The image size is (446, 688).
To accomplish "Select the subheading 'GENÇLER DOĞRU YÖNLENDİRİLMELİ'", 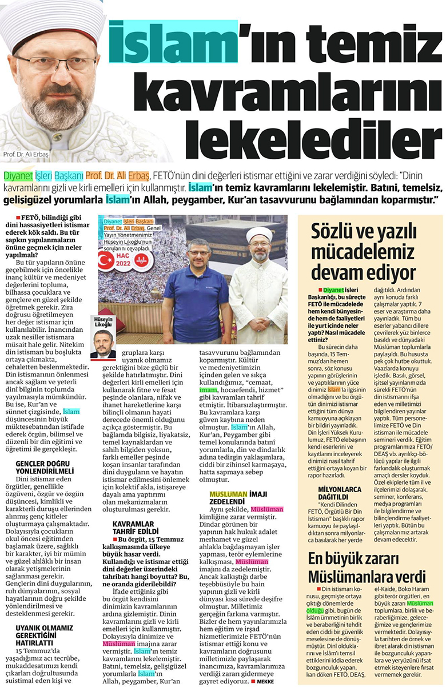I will click(45, 467).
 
